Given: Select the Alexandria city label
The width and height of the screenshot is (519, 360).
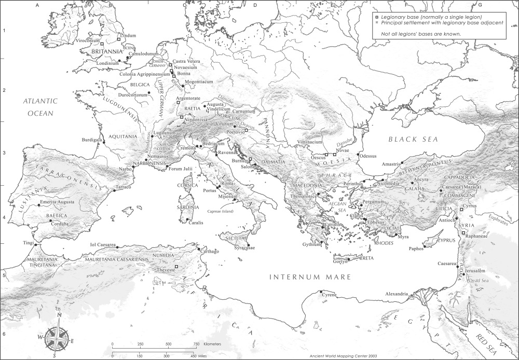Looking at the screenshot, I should pos(397,294).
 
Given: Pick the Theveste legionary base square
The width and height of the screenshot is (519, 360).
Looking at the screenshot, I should pos(176,267).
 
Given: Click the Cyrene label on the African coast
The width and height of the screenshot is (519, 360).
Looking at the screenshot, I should pos(330,295).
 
